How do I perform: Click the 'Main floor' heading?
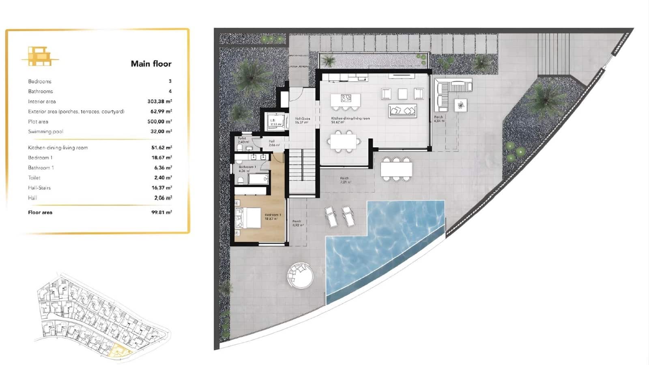coord(151,64)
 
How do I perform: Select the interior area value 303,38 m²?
coord(159,101)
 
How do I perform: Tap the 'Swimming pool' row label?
coord(45,131)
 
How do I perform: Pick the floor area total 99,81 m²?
coord(161,212)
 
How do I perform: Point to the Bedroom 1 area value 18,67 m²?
coord(161,157)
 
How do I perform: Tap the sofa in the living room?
coord(402,110)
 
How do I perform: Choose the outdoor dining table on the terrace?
coord(396,169)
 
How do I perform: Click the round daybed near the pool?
coord(300,275)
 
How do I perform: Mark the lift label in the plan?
coord(273,120)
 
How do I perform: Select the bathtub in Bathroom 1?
coord(258,178)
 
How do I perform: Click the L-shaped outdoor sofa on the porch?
coord(450,92)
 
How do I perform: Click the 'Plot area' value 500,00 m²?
coord(159,121)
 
